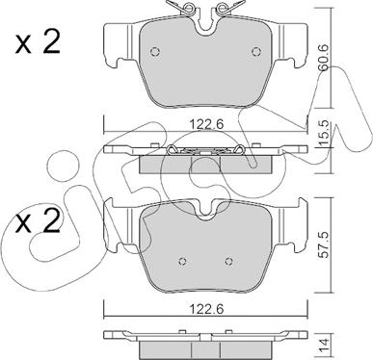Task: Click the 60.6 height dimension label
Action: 324,58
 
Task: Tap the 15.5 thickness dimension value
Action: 324,132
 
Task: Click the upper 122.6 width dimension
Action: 206,124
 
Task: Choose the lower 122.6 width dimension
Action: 206,309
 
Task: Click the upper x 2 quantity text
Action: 38,43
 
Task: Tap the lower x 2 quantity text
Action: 38,221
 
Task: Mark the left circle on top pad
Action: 155,52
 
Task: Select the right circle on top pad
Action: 255,52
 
